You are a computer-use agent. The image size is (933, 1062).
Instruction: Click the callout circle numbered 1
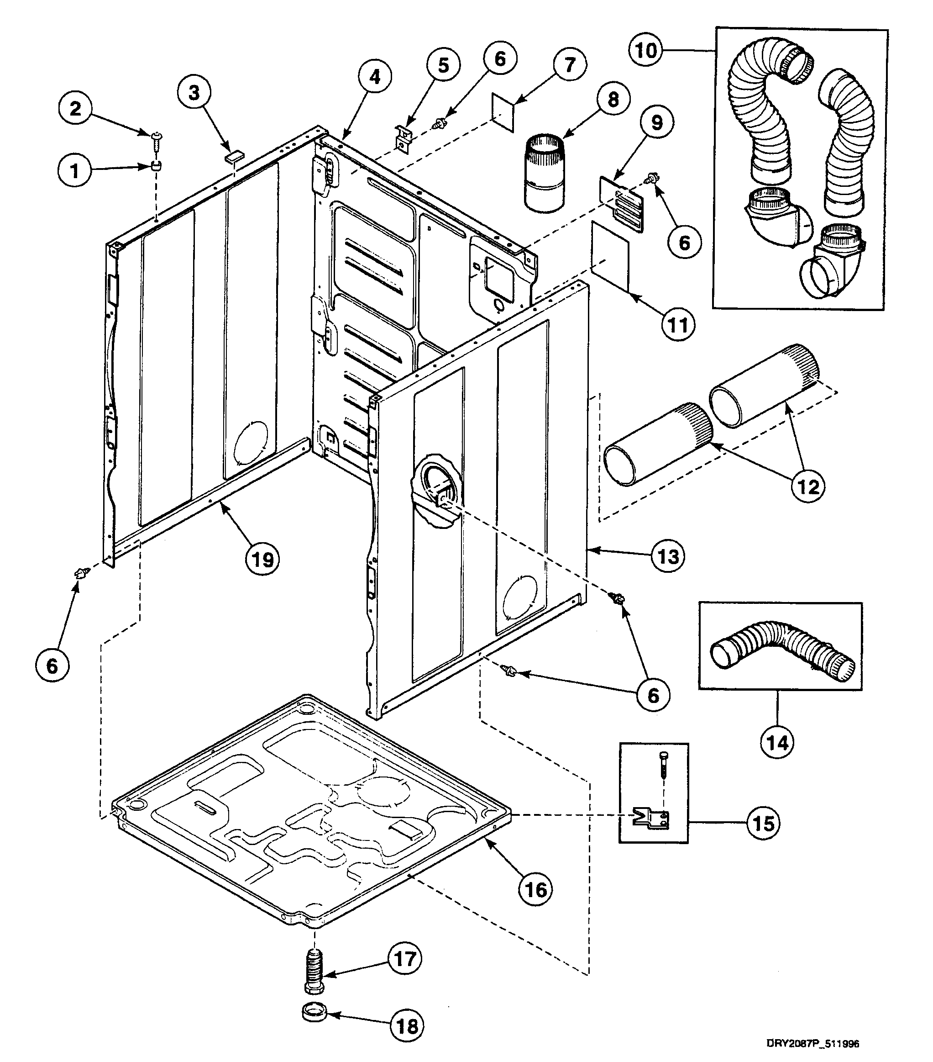pyautogui.click(x=74, y=170)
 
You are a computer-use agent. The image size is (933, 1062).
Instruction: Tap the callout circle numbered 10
pyautogui.click(x=646, y=50)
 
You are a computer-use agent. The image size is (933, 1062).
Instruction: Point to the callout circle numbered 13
pyautogui.click(x=668, y=556)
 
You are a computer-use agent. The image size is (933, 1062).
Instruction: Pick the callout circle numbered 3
pyautogui.click(x=194, y=93)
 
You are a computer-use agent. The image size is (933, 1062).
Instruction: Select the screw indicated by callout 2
pyautogui.click(x=156, y=137)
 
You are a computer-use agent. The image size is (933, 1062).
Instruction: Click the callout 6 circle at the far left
pyautogui.click(x=52, y=666)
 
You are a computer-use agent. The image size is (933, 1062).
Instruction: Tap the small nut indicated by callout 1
pyautogui.click(x=156, y=166)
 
